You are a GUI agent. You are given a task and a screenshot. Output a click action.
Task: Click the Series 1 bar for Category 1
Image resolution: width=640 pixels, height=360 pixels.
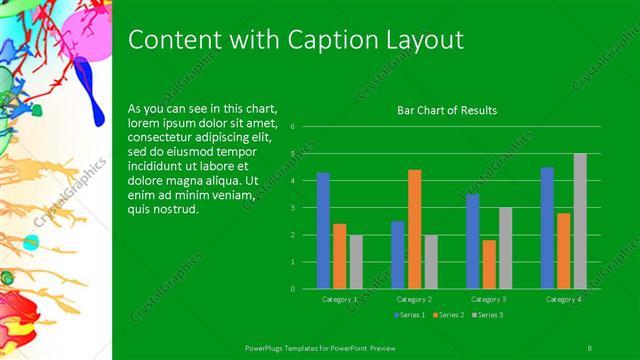pyautogui.click(x=323, y=230)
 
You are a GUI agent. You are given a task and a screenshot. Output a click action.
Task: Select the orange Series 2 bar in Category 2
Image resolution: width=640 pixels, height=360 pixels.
pyautogui.click(x=414, y=229)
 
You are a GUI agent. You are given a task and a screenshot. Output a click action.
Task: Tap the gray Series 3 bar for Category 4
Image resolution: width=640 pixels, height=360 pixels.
pyautogui.click(x=580, y=221)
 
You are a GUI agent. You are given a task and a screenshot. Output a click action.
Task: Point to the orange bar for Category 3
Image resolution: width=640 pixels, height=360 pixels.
pyautogui.click(x=489, y=264)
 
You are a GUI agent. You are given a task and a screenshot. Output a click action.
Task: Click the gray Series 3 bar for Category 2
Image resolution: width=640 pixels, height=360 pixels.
pyautogui.click(x=430, y=261)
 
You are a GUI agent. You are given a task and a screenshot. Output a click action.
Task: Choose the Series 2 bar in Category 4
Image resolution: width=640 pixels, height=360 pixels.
pyautogui.click(x=564, y=250)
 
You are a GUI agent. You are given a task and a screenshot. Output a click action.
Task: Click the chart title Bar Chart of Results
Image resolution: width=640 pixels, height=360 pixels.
pyautogui.click(x=447, y=110)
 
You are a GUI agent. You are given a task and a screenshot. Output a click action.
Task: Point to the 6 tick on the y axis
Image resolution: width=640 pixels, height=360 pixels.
pyautogui.click(x=292, y=127)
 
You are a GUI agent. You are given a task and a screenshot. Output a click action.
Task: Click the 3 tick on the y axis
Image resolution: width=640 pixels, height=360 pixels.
pyautogui.click(x=292, y=208)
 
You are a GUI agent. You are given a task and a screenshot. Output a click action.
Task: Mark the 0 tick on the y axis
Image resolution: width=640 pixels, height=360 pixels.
pyautogui.click(x=292, y=288)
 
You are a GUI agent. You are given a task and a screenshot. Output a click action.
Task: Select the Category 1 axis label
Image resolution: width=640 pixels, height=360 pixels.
pyautogui.click(x=340, y=299)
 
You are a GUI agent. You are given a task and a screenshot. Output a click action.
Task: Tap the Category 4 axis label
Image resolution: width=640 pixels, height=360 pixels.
pyautogui.click(x=564, y=299)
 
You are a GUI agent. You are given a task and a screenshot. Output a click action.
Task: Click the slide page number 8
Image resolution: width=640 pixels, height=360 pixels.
pyautogui.click(x=590, y=346)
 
